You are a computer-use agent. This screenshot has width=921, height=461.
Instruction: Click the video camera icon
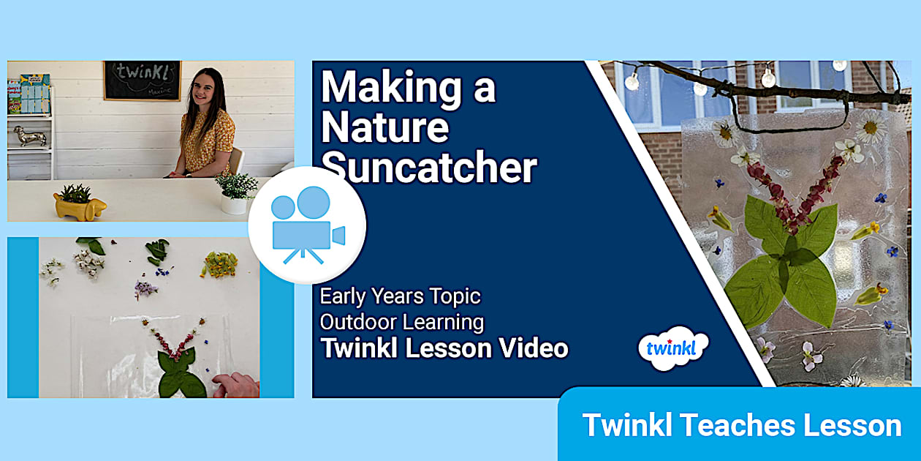307,225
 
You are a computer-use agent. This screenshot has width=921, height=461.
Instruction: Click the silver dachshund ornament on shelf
29,135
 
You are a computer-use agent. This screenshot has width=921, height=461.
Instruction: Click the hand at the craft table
235,385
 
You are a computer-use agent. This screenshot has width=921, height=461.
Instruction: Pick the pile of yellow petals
219,266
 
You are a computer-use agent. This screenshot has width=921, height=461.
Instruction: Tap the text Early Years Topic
401,296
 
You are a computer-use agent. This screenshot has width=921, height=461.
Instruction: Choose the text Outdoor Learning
402,321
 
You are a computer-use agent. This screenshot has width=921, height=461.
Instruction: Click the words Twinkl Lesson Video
444,348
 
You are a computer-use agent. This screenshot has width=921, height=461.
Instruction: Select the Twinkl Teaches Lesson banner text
741,425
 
